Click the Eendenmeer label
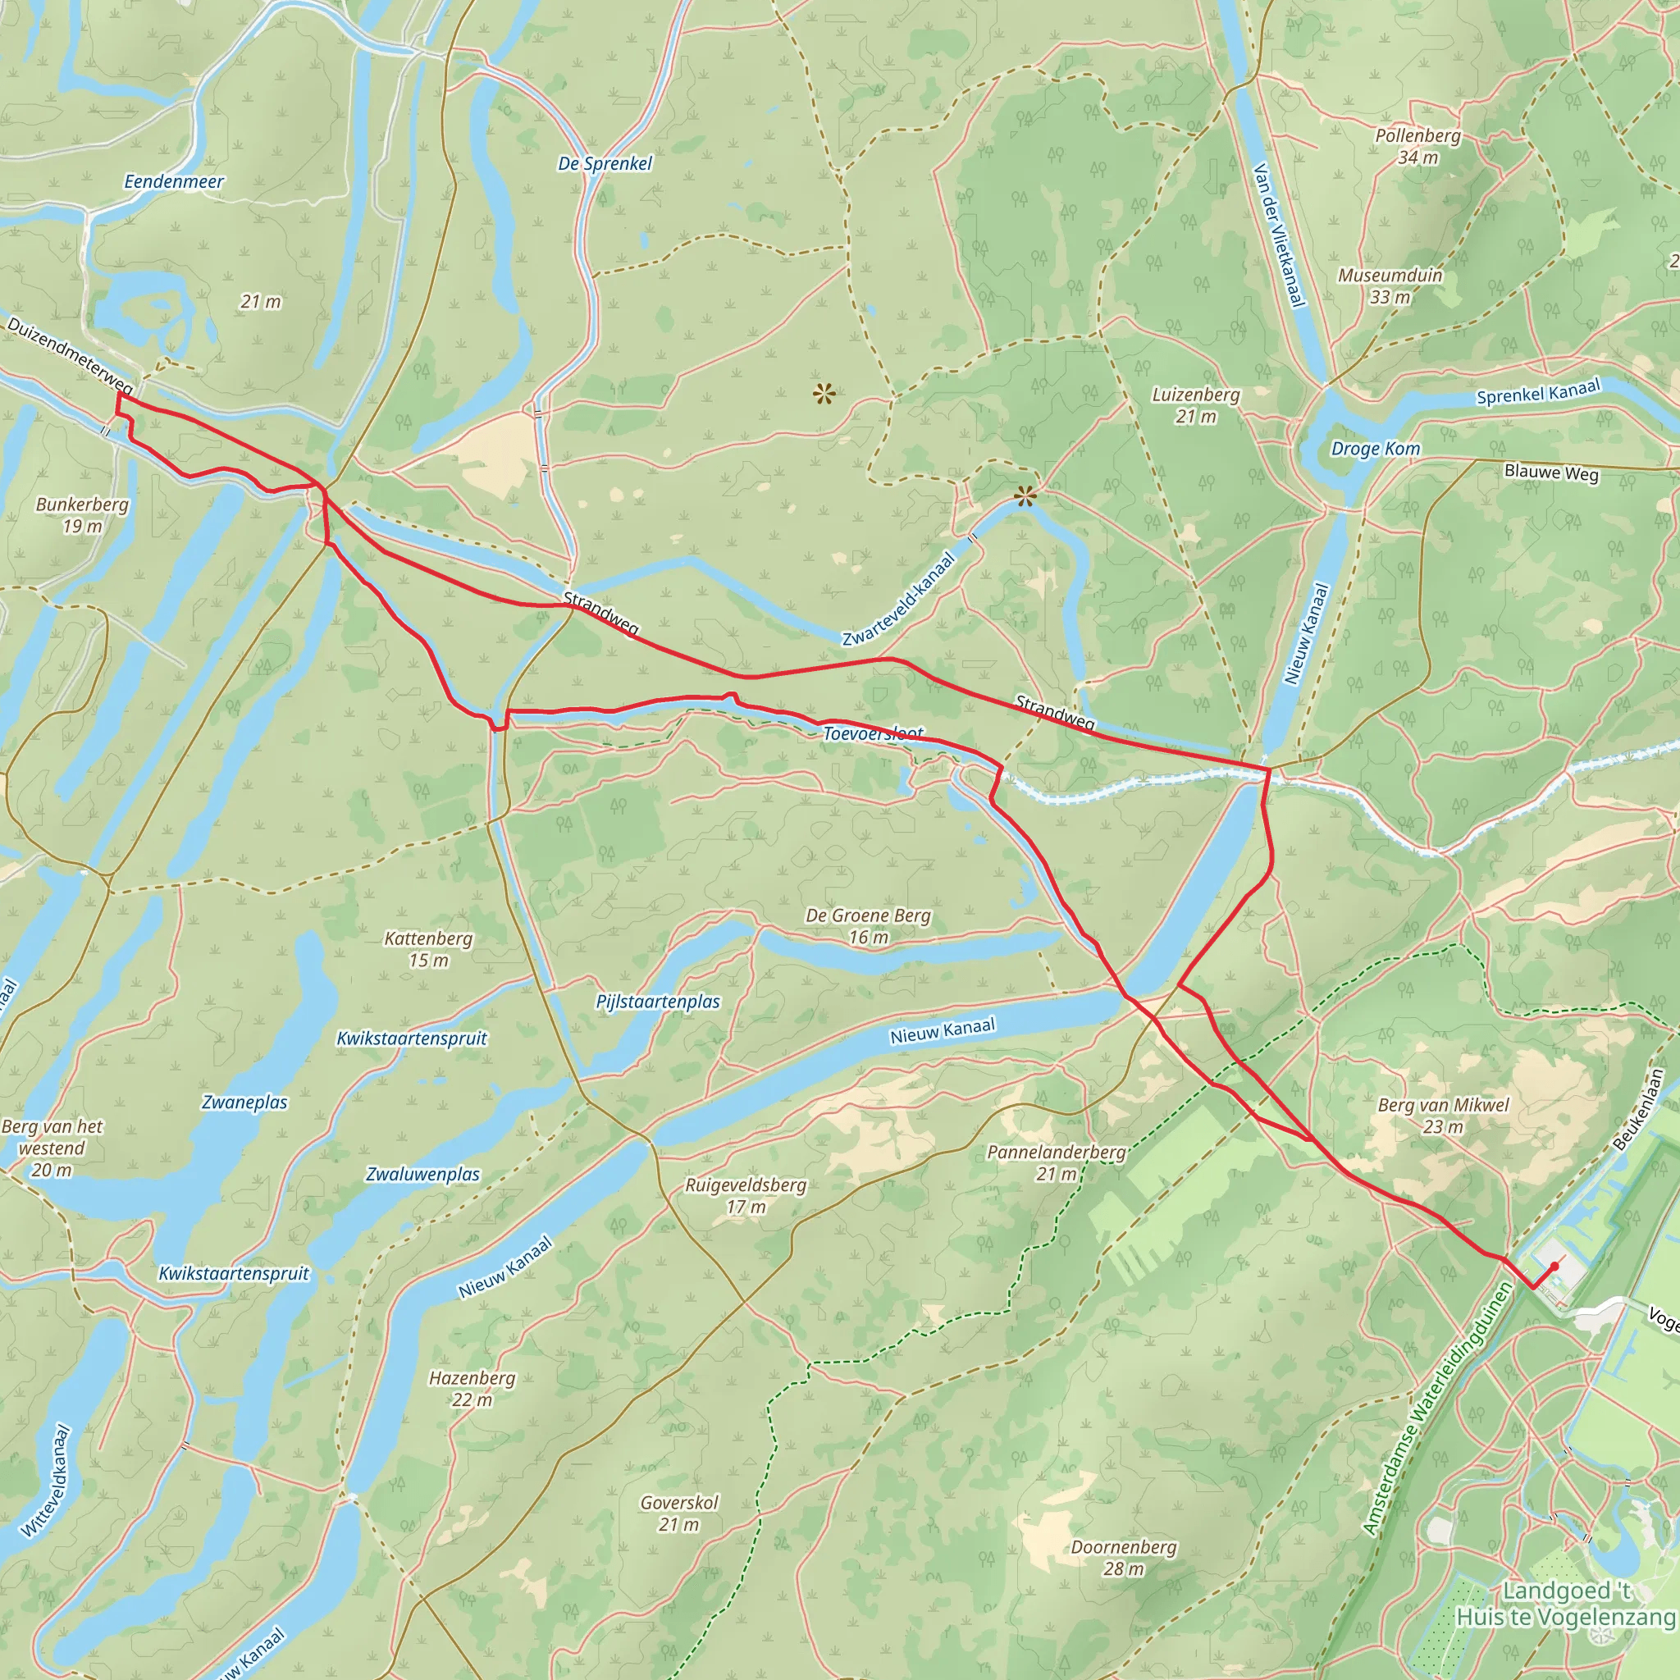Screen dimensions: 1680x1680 coord(174,182)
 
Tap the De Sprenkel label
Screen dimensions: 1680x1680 coord(605,163)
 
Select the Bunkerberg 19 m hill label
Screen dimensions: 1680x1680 coord(82,515)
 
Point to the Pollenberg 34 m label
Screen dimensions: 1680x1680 coord(1418,146)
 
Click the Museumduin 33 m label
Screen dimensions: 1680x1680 coord(1390,286)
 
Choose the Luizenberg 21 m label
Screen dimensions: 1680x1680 coord(1196,405)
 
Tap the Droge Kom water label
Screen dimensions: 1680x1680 coord(1376,449)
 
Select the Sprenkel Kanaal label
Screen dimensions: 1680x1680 coord(1538,393)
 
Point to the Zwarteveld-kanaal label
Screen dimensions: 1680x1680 coord(899,600)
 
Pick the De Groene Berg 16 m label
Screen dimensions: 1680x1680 coord(868,925)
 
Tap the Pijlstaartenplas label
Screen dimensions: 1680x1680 coord(658,1002)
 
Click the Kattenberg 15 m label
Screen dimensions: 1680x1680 coord(429,949)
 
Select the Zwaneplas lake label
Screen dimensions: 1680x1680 coord(244,1102)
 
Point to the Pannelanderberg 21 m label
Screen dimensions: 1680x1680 coord(1057,1162)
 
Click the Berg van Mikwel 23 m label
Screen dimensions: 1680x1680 coord(1444,1116)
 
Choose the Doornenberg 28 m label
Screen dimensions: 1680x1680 coord(1124,1558)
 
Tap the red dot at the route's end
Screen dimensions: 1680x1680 coord(1554,1265)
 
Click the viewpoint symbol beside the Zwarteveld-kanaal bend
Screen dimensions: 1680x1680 coord(1026,497)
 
